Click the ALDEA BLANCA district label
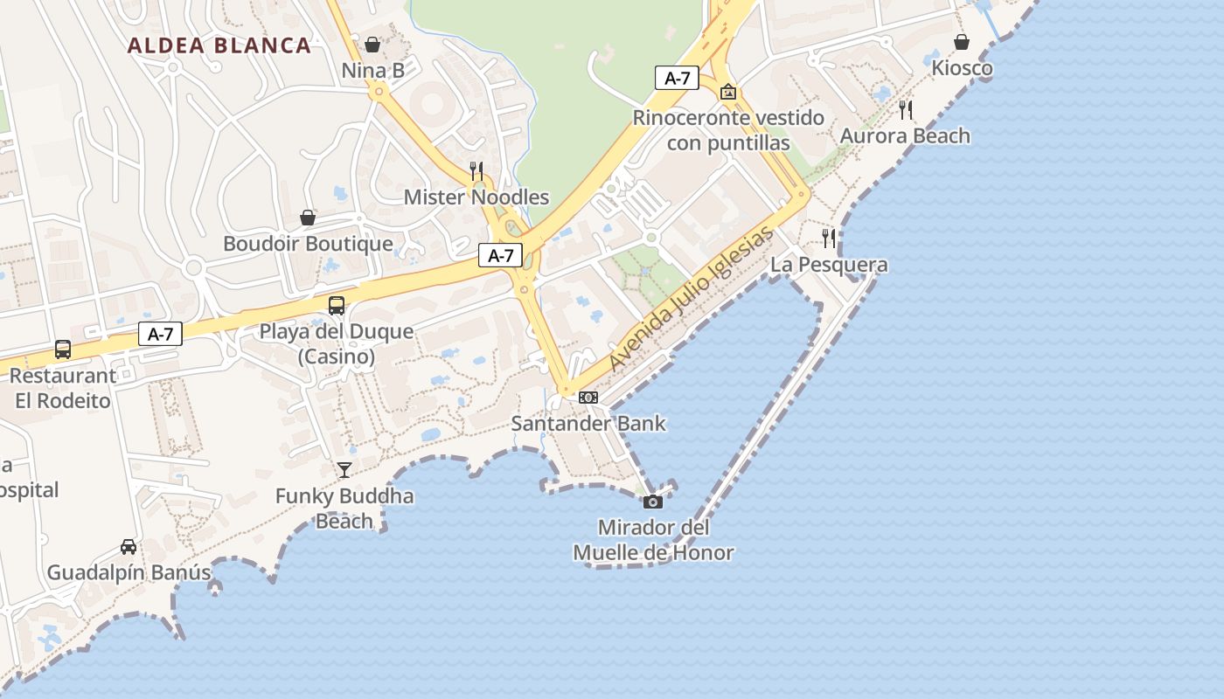(x=219, y=45)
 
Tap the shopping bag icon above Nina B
(x=372, y=44)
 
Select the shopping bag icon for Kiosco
(x=962, y=42)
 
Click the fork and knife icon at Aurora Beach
(x=906, y=110)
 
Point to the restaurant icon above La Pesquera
(x=829, y=238)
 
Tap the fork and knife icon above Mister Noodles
(x=476, y=170)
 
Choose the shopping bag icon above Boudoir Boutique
(x=308, y=218)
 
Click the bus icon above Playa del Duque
(x=337, y=305)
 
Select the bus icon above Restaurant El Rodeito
(x=63, y=349)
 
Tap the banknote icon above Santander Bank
(x=588, y=398)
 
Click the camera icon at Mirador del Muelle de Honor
(x=653, y=502)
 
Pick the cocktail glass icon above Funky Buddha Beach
(x=344, y=470)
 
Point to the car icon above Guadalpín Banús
(x=129, y=547)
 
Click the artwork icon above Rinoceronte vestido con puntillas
(x=728, y=92)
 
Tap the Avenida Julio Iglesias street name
(x=691, y=300)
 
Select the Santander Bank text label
(x=588, y=424)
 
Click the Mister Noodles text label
(x=476, y=197)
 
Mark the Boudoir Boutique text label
(x=308, y=244)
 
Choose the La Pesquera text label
(x=829, y=265)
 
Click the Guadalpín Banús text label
(x=129, y=573)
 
